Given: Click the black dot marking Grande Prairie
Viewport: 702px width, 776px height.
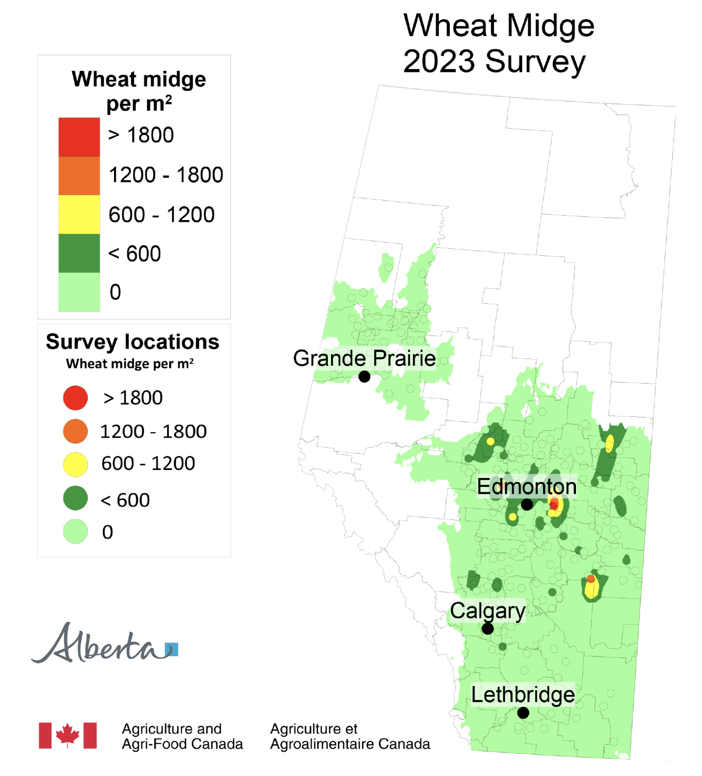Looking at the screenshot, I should (x=364, y=377).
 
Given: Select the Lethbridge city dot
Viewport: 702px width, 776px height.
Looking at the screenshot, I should (x=523, y=713).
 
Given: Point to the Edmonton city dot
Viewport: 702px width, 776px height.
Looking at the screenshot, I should (x=526, y=504).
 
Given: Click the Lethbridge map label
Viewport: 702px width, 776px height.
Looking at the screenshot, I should (x=523, y=695).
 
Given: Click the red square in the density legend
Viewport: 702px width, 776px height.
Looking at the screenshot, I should (x=79, y=137).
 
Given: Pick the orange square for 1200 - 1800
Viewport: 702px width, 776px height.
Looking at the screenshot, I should (x=79, y=175).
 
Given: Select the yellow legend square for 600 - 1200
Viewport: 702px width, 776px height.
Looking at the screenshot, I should (x=79, y=214).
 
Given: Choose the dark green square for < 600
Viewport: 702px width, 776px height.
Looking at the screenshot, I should (x=79, y=253).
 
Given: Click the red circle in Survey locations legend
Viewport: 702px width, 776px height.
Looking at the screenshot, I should (x=75, y=398).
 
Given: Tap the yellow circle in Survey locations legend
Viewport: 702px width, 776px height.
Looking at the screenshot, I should (x=75, y=464).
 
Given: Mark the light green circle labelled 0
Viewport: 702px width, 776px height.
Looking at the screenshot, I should (x=75, y=531).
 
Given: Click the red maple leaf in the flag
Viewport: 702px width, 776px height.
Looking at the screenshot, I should (x=67, y=735).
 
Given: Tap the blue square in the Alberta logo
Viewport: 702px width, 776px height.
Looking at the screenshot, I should (x=172, y=649).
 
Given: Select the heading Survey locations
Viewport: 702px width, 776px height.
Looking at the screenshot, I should (x=132, y=342).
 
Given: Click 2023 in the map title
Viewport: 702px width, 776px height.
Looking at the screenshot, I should (x=439, y=61).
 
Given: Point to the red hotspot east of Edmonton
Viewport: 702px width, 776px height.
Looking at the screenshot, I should (x=554, y=505).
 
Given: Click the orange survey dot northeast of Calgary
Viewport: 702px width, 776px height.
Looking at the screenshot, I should (x=590, y=578).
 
